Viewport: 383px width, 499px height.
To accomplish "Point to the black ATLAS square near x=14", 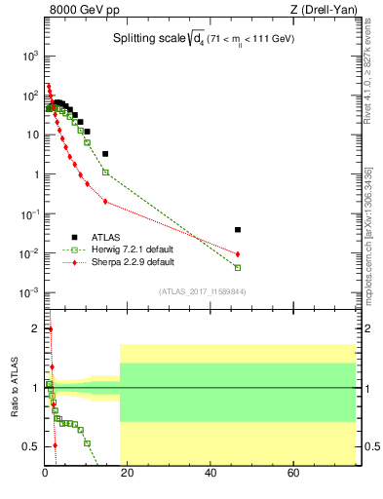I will [105, 154].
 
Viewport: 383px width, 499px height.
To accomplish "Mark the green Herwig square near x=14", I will [105, 173].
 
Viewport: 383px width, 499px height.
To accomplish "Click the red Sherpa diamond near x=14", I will [105, 202].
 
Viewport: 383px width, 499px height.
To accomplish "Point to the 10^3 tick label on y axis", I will [30, 57].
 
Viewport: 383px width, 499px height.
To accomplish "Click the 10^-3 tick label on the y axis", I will [29, 293].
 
